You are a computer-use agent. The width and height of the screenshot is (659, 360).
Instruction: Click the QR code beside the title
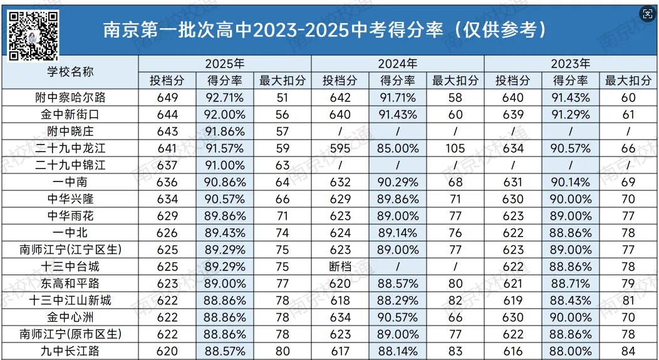[34, 36]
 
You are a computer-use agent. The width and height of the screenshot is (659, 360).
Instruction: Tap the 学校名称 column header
[70, 71]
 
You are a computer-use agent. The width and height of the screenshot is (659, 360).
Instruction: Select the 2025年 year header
[224, 63]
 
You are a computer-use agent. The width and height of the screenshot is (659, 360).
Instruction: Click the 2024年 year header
[397, 63]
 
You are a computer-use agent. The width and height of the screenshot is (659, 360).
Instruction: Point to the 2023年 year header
[570, 63]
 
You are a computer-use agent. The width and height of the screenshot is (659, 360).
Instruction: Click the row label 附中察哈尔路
[70, 97]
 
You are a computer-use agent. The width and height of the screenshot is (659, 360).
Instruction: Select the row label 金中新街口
[70, 114]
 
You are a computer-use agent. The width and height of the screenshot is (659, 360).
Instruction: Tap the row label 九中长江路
[70, 351]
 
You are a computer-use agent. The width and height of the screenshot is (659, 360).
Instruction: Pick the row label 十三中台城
[70, 267]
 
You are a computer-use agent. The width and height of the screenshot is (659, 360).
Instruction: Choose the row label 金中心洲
[70, 317]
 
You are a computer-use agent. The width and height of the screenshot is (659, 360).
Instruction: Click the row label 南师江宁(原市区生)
[70, 334]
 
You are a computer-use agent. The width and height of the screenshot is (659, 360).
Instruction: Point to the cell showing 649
[167, 97]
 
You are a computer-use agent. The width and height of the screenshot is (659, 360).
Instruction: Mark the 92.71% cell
[224, 97]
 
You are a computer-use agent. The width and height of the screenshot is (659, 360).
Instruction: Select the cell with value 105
[455, 148]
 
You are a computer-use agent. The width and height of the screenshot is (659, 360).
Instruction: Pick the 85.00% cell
[397, 148]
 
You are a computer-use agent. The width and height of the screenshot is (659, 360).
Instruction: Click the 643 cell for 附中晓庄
[167, 131]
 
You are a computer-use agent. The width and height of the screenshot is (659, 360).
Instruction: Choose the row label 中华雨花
[70, 216]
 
